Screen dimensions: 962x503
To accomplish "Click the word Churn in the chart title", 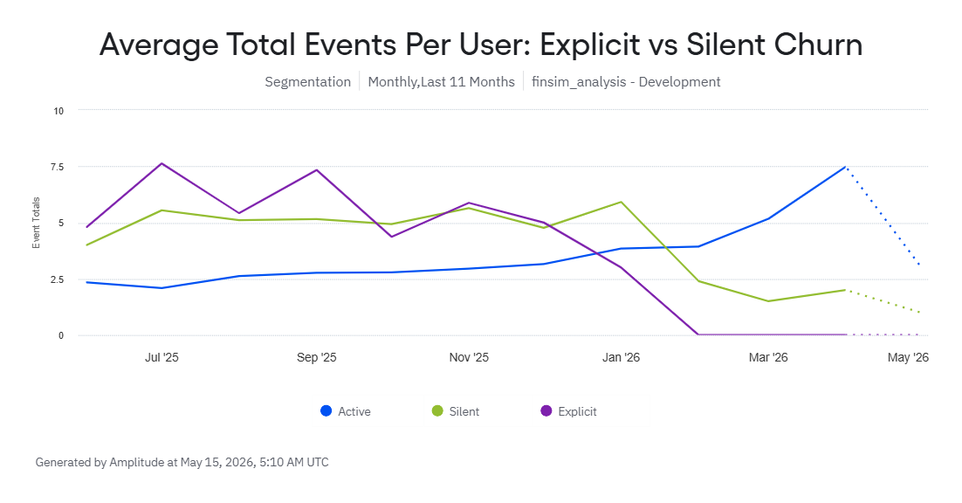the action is (x=818, y=45).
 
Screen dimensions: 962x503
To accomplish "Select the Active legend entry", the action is (x=346, y=411).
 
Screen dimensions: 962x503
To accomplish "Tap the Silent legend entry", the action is (x=456, y=411).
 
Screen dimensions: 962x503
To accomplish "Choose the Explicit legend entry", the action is (x=569, y=411).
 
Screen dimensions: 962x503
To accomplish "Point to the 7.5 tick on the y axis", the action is (x=57, y=167).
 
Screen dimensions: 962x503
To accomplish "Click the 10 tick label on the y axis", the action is (x=58, y=111).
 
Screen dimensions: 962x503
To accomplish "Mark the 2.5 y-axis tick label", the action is (x=57, y=279).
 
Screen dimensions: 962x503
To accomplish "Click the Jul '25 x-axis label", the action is (x=162, y=358).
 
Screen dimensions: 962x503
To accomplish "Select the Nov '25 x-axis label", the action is (x=469, y=358).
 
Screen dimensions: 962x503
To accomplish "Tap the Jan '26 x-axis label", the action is (x=621, y=358).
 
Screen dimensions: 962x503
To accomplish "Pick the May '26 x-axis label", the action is (x=908, y=358).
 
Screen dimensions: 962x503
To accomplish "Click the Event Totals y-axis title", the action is (x=36, y=223).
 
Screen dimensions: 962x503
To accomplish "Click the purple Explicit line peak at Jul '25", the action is (x=161, y=163).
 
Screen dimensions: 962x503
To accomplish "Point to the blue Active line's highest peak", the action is (x=845, y=167).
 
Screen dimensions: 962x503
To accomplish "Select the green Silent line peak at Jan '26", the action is (x=621, y=202).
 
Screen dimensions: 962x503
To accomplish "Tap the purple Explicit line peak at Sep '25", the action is (x=317, y=170).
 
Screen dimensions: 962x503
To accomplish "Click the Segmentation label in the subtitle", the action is (x=308, y=82).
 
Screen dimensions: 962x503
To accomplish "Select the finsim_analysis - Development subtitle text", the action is (x=626, y=82).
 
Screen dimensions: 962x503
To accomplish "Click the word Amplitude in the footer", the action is (x=137, y=463).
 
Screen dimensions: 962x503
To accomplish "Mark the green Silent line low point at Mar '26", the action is (x=768, y=301).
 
